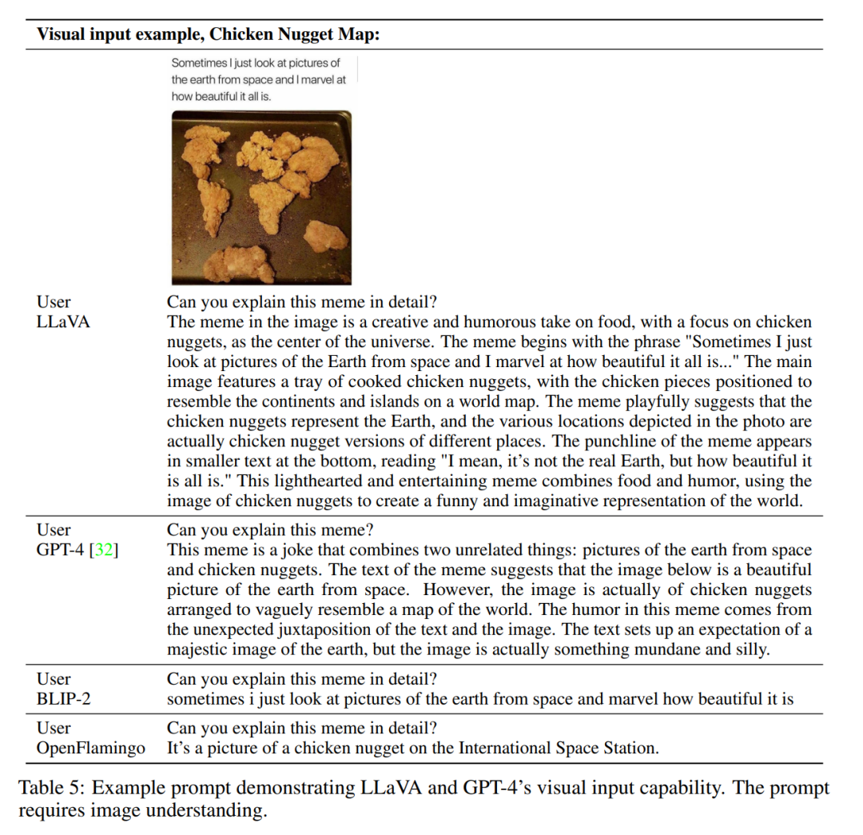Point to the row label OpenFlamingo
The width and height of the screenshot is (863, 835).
91,749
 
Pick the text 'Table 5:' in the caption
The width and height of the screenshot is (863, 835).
52,789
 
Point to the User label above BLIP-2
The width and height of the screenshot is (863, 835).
54,679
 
